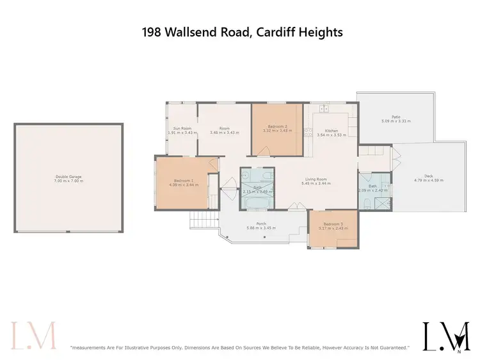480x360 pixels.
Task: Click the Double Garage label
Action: [x=68, y=176]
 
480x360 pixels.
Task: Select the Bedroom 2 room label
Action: [x=277, y=127]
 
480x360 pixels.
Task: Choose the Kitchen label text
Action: [x=331, y=131]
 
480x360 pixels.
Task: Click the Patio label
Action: [x=396, y=117]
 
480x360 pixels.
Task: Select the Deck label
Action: [x=429, y=176]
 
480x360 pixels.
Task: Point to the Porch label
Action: [x=261, y=224]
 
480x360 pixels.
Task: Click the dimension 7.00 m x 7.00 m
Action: [x=68, y=181]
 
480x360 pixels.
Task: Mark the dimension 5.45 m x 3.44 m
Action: [x=316, y=184]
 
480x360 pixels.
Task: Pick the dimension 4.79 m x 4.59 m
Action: [x=429, y=180]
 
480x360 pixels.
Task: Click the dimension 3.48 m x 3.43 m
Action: [x=224, y=133]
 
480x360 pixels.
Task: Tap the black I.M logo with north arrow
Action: [x=446, y=336]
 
